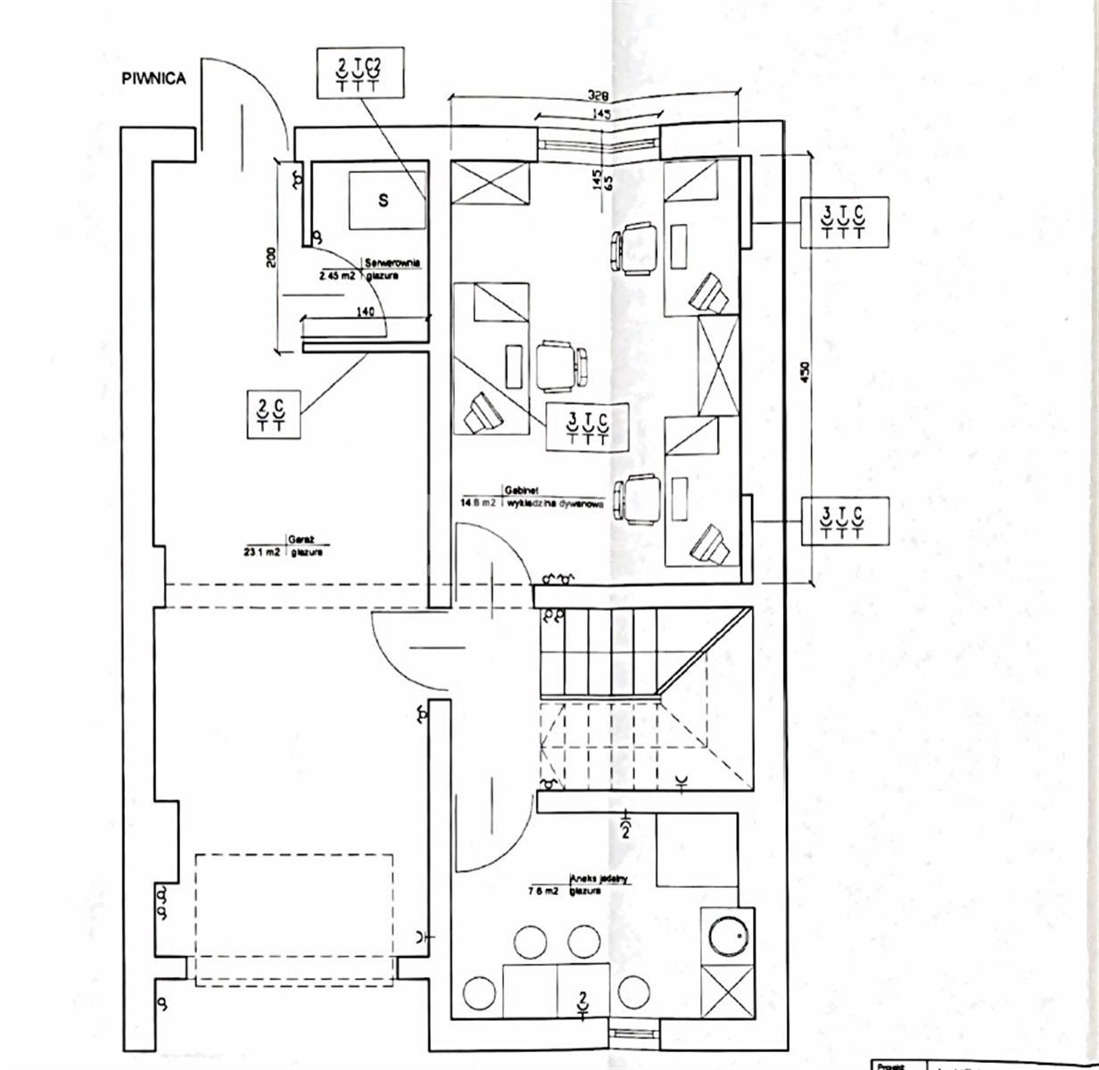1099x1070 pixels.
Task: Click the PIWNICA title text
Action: [153, 78]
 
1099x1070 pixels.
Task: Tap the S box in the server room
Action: [384, 201]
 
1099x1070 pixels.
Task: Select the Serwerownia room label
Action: [392, 263]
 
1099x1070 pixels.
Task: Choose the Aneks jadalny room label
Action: [603, 878]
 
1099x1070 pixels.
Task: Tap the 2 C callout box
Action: [271, 414]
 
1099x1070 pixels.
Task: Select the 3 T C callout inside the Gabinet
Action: [588, 424]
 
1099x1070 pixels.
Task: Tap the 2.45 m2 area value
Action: [338, 276]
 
